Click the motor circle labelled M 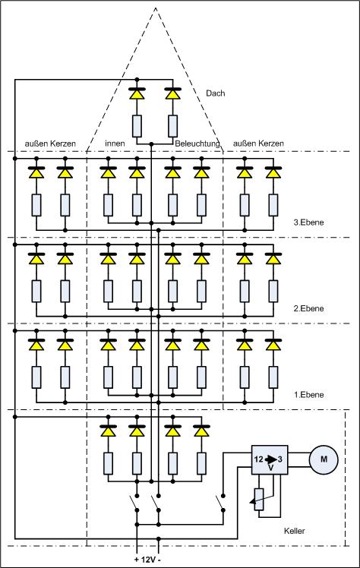coord(324,459)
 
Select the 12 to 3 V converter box coord(270,460)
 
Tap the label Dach coord(215,93)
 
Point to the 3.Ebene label coord(308,222)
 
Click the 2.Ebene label coord(308,308)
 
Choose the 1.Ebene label coord(308,394)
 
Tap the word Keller coord(295,531)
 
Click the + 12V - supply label coord(147,560)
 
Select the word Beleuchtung coord(197,144)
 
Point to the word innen coord(115,144)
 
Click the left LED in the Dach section coord(137,93)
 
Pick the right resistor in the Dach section coord(172,126)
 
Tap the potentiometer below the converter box coord(259,499)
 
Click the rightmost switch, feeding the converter coord(219,503)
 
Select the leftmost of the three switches coord(134,503)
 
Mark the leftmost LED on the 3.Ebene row coord(36,172)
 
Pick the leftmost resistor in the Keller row coord(108,463)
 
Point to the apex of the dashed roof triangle coord(156,8)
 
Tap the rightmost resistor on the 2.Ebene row coord(273,292)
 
